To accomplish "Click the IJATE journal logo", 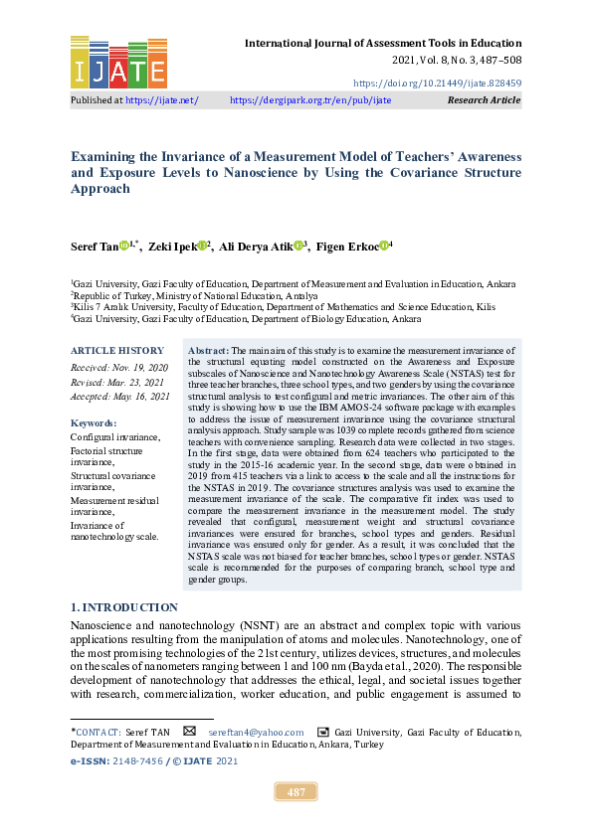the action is pyautogui.click(x=118, y=62).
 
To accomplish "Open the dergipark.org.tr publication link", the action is pyautogui.click(x=310, y=100).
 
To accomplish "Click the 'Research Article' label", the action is pyautogui.click(x=485, y=100).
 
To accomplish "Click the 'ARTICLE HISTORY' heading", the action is pyautogui.click(x=117, y=351).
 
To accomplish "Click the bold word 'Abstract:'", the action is pyautogui.click(x=209, y=351).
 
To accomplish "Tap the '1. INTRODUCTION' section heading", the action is pyautogui.click(x=124, y=607).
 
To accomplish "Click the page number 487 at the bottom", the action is pyautogui.click(x=296, y=791).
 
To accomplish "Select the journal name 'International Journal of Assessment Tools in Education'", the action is pyautogui.click(x=383, y=43).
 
